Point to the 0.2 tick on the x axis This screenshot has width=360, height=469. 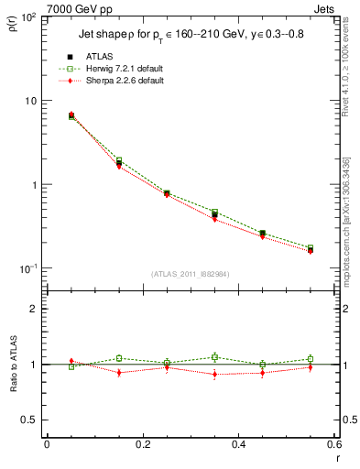[x=142, y=444]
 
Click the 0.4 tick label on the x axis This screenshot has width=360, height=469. [x=238, y=444]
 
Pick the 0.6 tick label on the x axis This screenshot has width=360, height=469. [x=333, y=444]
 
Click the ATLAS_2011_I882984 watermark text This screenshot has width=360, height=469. [x=190, y=273]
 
